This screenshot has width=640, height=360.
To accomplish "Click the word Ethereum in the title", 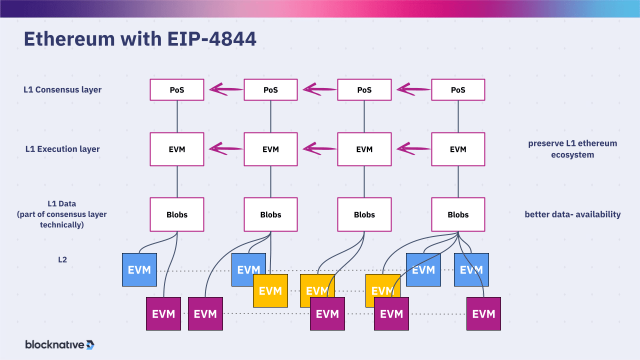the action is (69, 38).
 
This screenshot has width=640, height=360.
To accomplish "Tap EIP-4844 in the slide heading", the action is (211, 38).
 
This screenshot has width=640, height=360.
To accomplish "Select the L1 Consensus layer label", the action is (62, 89).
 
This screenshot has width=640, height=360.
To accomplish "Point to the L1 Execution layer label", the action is (62, 149).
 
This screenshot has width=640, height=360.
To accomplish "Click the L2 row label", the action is (62, 259).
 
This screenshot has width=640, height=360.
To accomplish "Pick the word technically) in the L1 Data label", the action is (61, 225).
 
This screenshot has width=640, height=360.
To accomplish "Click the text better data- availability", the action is (572, 214).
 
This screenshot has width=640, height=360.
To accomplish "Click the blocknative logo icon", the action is (90, 345).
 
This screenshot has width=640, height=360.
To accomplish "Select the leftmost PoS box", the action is (177, 89).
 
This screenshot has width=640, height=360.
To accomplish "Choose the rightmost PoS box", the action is (458, 89).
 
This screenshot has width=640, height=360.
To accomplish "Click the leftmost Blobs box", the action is (177, 214).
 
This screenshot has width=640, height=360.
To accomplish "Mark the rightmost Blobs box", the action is (458, 214).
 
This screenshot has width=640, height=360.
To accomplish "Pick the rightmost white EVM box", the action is (458, 149).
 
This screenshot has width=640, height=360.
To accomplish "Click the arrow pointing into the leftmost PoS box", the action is (226, 89).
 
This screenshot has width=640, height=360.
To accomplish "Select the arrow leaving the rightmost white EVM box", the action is (413, 148).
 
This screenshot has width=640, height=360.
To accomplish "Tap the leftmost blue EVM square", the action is (139, 269).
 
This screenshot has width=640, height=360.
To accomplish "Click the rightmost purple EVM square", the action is (483, 313).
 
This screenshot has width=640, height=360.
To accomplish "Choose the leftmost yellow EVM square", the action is (270, 291).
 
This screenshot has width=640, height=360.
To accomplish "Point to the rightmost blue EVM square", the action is (471, 269).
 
